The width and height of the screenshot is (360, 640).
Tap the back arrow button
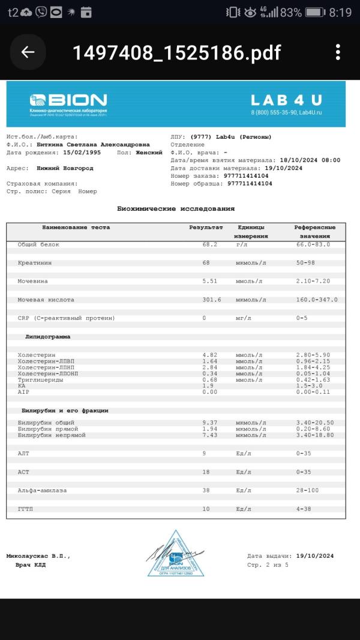28,52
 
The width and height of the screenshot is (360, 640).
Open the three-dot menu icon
338,52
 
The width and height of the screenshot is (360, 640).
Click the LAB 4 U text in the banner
286,100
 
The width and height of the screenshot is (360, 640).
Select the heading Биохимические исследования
175,208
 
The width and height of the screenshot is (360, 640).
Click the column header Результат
206,228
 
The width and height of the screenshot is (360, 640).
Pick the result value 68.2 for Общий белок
211,244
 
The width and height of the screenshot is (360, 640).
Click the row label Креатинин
34,263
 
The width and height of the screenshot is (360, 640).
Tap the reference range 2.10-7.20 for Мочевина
313,281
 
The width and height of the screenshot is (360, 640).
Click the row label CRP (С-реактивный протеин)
66,318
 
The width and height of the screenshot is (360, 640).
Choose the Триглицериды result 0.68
209,379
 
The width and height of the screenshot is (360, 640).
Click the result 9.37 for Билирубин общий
209,423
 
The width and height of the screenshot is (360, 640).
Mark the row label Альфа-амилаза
42,491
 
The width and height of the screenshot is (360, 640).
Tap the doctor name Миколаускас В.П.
38,556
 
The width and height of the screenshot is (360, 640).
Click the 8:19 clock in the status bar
340,12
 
